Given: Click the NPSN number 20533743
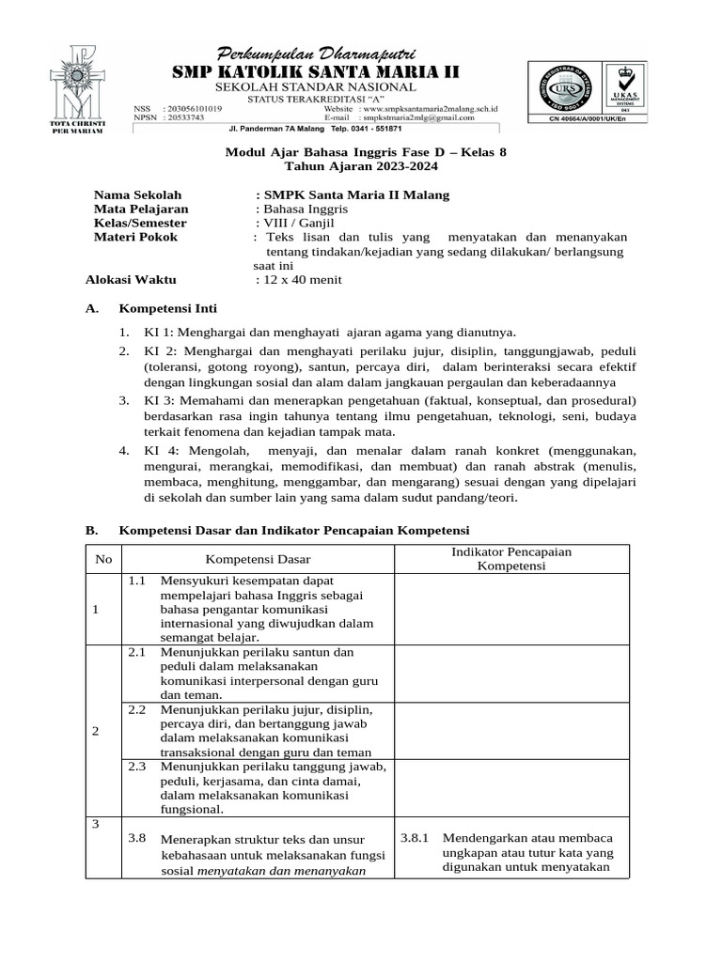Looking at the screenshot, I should click(186, 117).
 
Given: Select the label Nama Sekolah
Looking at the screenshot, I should click(137, 194).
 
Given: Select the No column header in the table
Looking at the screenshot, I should click(103, 559).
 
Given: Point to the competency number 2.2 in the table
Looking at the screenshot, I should click(137, 709).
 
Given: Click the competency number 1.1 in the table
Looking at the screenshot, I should click(137, 581).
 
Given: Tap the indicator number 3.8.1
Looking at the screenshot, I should click(415, 838).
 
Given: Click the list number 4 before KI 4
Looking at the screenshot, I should click(124, 451).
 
